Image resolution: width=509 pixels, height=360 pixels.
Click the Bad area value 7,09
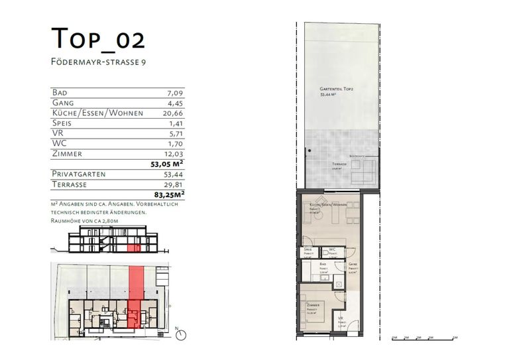tap(175, 93)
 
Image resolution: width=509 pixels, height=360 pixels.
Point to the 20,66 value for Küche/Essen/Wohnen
tap(174, 113)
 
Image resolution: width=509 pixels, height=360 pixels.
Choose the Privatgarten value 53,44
tap(174, 174)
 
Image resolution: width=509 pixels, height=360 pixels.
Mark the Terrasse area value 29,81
tap(174, 184)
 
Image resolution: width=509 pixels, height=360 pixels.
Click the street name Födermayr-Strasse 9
tap(99, 62)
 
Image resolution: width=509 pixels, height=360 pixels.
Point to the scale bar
tap(424, 338)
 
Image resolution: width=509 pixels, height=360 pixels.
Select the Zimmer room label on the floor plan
tap(313, 305)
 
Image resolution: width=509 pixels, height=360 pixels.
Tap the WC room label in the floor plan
tap(333, 250)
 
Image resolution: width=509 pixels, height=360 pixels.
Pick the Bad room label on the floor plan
tap(323, 263)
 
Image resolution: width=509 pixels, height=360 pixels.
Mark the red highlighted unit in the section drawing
tap(135, 248)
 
